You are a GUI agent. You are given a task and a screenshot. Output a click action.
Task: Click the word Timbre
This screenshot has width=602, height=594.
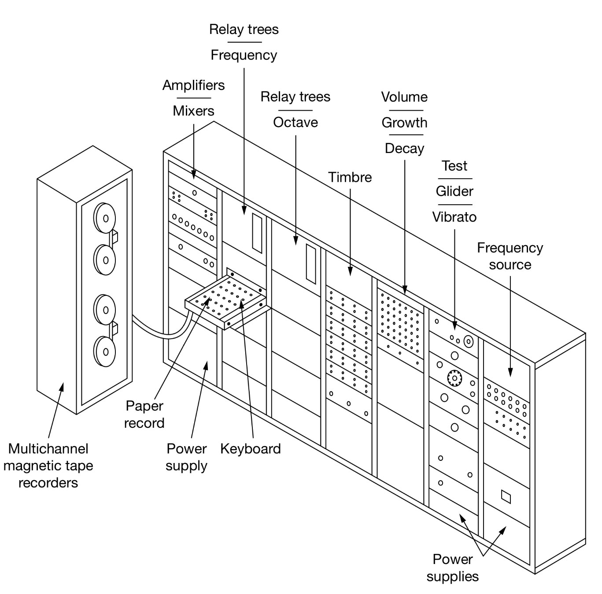coord(350,177)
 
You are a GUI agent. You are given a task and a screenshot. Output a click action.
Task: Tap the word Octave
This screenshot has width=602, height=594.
coord(295,122)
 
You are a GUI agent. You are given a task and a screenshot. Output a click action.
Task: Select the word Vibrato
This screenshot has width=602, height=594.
coord(454,217)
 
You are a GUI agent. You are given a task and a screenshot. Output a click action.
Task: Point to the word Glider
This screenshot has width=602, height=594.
coord(454,191)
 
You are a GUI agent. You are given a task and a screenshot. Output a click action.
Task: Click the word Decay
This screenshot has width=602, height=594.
coord(404,149)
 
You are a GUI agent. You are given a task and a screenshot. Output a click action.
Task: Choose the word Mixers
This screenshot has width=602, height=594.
coord(193,111)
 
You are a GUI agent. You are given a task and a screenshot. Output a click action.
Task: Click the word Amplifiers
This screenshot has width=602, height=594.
coord(193,85)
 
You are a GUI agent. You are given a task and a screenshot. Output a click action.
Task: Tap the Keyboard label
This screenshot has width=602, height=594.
coord(250,449)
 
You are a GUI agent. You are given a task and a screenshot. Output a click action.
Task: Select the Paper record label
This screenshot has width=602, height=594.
coord(144,414)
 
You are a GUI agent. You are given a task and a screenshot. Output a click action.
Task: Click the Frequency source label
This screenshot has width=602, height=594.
coord(510,256)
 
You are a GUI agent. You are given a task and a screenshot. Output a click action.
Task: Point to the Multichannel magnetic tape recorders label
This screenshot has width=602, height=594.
coord(48,466)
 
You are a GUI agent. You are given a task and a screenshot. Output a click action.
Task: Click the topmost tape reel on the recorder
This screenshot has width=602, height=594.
coord(104,218)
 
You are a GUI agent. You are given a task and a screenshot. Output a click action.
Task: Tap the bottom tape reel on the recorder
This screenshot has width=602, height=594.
coord(105,351)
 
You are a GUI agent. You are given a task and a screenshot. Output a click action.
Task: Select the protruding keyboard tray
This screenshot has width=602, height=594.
coord(225,300)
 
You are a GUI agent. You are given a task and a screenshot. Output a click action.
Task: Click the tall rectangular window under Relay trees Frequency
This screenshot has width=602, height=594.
coord(257,233)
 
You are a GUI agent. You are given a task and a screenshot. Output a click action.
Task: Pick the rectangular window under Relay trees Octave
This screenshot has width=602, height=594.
coord(311,263)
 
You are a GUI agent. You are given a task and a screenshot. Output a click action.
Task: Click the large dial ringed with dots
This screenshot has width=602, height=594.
coord(454,378)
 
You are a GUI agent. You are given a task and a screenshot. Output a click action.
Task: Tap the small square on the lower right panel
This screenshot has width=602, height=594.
coord(506,497)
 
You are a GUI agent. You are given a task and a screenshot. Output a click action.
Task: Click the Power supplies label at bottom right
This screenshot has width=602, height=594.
coord(452,568)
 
